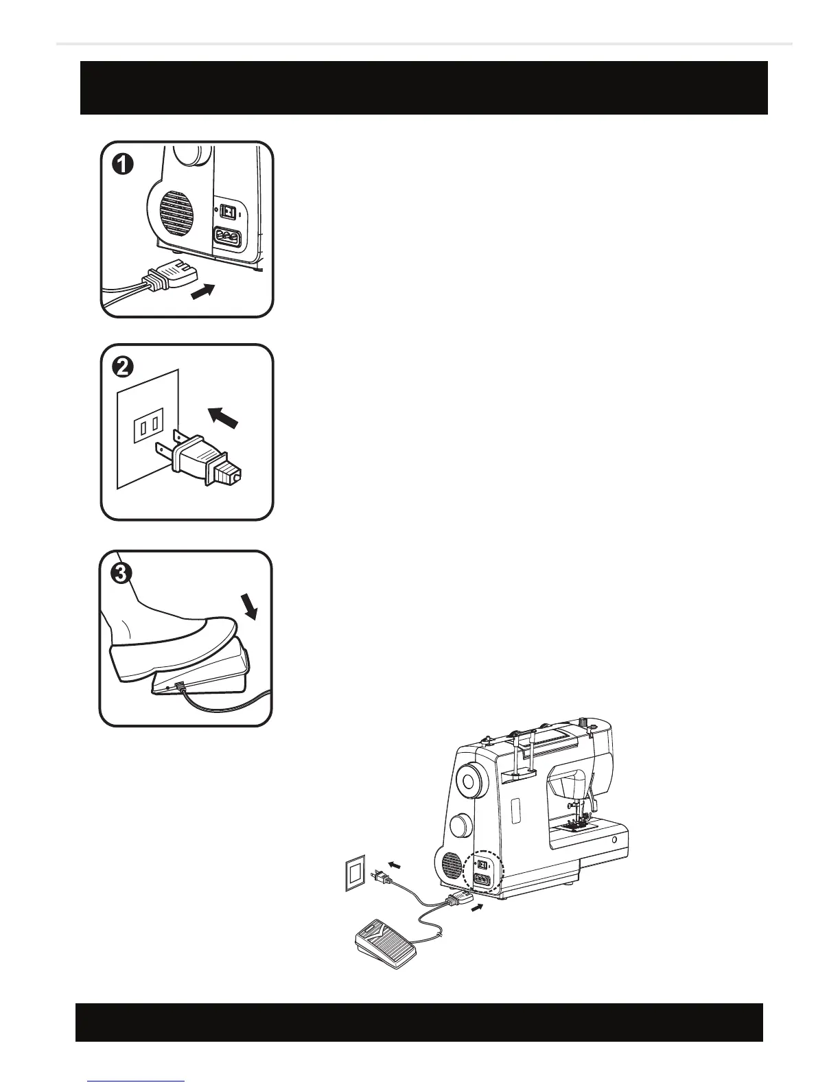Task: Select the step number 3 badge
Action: click(121, 574)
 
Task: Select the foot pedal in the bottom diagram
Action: click(382, 944)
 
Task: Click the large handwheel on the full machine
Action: click(470, 780)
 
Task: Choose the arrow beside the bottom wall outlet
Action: click(393, 864)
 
